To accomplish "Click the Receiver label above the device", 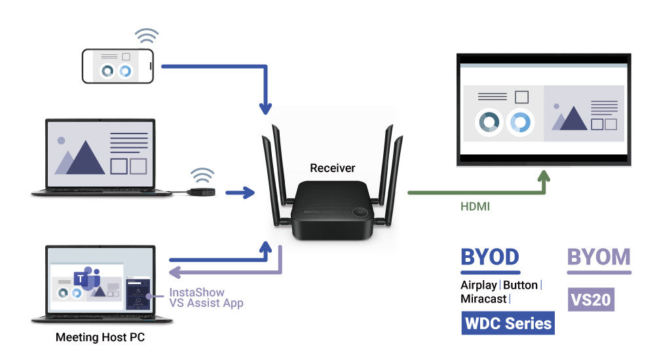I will tap(333, 168).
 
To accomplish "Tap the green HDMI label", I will tap(474, 207).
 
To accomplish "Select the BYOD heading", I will tap(490, 257).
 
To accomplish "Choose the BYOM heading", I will tap(599, 257).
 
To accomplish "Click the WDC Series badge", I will tap(508, 323).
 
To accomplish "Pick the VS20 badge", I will tap(591, 300).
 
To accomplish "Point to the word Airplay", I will tap(479, 285).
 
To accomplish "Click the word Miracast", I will tap(483, 298).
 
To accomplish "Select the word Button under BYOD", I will tap(520, 285).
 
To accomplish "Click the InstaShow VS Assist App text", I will tap(206, 298).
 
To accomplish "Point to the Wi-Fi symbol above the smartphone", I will tap(147, 35).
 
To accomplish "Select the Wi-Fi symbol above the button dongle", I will tap(202, 175).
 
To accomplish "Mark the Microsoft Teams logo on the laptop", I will tap(83, 280).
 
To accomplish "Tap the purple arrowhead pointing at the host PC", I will tap(174, 272).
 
